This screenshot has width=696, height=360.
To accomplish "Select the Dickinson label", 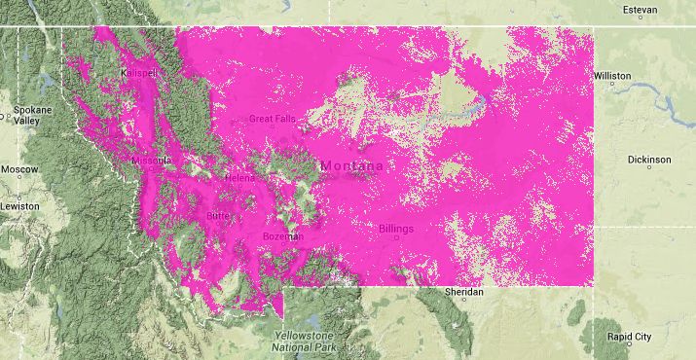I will tap(648, 159).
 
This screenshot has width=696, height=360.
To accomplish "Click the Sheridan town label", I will tap(463, 291).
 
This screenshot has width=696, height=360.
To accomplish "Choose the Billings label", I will tap(396, 229).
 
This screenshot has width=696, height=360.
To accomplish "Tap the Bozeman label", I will tap(283, 236).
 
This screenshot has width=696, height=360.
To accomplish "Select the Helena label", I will tap(240, 178).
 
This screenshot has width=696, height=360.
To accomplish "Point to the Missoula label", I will tap(151, 160).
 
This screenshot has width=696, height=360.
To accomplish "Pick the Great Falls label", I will tap(274, 119).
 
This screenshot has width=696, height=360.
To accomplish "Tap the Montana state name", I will tap(351, 166).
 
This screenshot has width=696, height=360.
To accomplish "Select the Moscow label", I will tap(18, 169).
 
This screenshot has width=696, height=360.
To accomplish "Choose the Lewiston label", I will tap(19, 206).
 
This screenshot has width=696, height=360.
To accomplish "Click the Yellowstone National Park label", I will tap(304, 341).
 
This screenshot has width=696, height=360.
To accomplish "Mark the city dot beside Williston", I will tap(611, 85).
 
